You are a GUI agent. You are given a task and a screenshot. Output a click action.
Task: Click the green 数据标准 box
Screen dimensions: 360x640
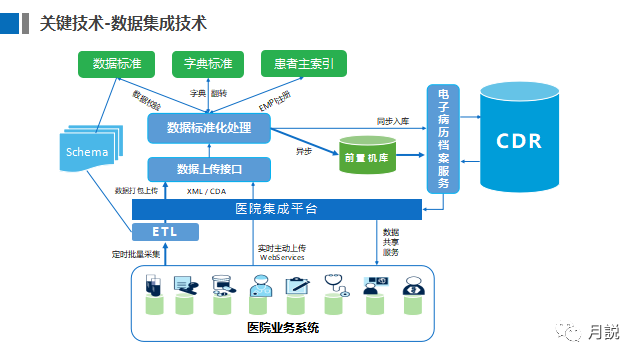[x=117, y=64]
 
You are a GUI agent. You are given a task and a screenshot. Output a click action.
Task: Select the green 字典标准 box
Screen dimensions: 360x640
[x=209, y=64]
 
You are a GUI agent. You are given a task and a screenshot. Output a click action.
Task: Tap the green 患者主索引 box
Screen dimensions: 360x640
[x=303, y=64]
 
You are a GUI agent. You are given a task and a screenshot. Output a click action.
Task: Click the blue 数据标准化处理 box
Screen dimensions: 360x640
[x=209, y=128]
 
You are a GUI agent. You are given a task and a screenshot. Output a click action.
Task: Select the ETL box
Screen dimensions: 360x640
[x=164, y=232]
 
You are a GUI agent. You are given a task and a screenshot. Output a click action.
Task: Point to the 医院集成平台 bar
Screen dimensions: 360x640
[x=276, y=209]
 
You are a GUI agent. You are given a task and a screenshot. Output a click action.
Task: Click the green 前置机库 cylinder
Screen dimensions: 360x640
[x=367, y=155]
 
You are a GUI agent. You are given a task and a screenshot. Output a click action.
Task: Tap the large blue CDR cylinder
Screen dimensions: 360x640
[x=519, y=140]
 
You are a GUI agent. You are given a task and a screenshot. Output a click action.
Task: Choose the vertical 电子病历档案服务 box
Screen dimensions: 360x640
[x=443, y=139]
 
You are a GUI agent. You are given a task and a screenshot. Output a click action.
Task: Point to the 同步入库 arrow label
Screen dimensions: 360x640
[x=393, y=120]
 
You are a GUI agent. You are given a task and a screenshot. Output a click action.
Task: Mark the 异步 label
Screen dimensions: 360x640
[x=304, y=152]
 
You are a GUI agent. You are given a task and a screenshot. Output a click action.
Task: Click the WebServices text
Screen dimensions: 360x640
[x=282, y=257]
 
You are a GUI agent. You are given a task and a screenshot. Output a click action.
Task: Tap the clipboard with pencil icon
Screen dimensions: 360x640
[x=297, y=286]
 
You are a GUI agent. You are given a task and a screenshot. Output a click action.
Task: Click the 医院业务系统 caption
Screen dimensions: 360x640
[x=282, y=328]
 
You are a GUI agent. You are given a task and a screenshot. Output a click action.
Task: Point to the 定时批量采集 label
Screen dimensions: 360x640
[x=135, y=255]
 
